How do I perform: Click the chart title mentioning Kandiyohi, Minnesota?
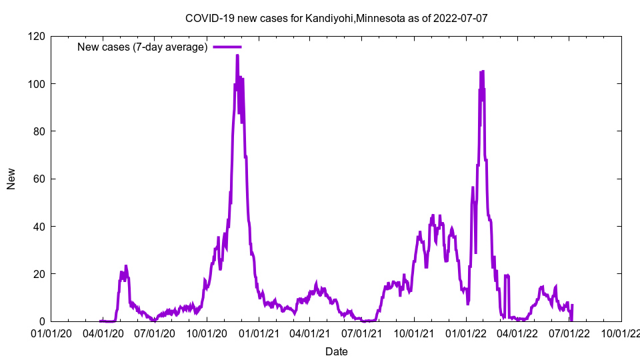point(336,18)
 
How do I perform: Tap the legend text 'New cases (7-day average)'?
point(143,47)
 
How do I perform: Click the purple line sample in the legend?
point(227,47)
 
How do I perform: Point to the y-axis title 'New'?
point(11,179)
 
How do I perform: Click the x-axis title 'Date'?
point(336,351)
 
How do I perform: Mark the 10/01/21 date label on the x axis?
point(414,333)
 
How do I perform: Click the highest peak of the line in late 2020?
point(237,55)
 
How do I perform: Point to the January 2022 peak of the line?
point(482,71)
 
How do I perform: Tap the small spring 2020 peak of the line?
point(126,266)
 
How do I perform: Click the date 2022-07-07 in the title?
point(460,18)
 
